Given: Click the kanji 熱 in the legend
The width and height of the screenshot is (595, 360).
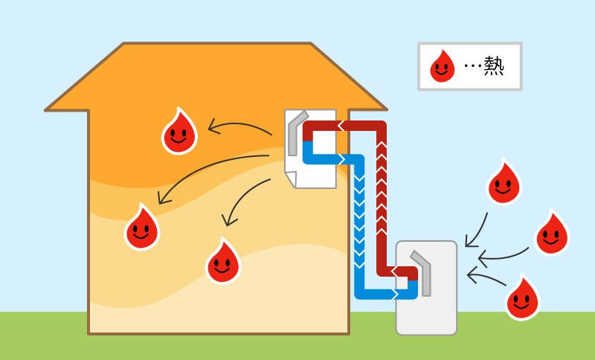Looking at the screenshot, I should (494, 67).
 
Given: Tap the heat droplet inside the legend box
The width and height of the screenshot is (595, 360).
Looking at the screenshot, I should (443, 67).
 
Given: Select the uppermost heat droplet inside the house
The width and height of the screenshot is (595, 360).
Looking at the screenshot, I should (179, 132).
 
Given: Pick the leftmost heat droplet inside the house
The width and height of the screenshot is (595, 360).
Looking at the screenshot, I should (141, 228).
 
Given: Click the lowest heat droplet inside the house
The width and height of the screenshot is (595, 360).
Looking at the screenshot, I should (222, 262).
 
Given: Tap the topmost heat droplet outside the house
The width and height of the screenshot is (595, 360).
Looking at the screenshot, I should (504, 183).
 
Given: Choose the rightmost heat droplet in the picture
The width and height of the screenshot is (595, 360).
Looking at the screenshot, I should (551, 234).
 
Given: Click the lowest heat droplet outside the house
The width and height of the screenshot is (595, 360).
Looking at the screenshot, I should (522, 299).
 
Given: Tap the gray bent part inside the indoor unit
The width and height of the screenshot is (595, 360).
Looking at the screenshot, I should (295, 130).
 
